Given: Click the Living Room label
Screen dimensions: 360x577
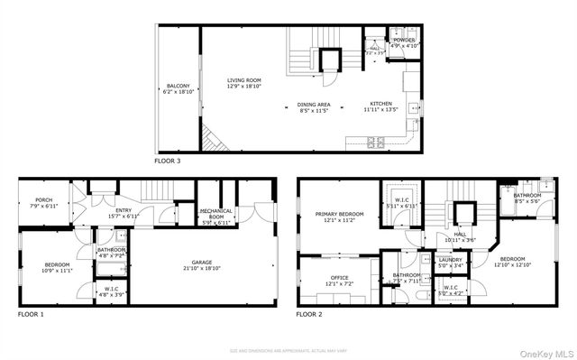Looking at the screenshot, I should click(x=244, y=80).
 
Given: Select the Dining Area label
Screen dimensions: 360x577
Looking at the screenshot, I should click(x=314, y=105).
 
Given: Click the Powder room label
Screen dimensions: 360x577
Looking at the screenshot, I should click(x=402, y=40).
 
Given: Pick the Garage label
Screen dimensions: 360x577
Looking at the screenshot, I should click(x=203, y=262).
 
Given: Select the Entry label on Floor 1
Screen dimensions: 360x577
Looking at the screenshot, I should click(x=98, y=211).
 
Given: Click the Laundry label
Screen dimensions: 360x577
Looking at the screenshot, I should click(x=450, y=260).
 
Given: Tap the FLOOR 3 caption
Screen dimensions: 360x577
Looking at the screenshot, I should click(x=168, y=161).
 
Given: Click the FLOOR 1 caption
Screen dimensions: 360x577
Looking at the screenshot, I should click(x=31, y=315).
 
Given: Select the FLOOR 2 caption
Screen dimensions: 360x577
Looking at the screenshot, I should click(x=309, y=315).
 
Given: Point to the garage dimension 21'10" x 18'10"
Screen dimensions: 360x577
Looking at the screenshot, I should click(x=203, y=268).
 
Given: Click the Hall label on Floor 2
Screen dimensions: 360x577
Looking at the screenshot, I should click(x=460, y=234).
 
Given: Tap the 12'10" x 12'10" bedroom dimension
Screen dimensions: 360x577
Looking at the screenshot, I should click(x=512, y=264).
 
